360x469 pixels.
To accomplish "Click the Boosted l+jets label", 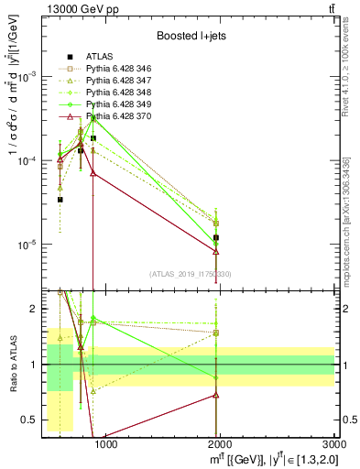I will [x=188, y=35].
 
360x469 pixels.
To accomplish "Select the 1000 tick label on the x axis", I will [x=105, y=446].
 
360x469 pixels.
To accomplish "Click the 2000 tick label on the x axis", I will [x=221, y=446].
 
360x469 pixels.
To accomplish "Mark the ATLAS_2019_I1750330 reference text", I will [x=191, y=274].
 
